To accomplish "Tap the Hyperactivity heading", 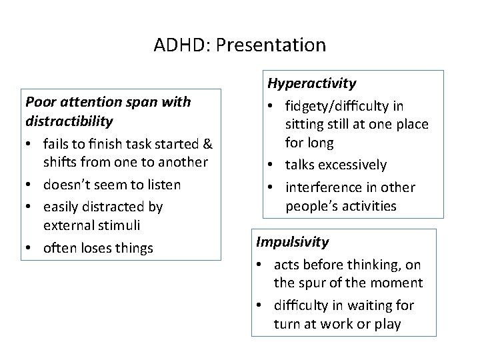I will (x=311, y=83).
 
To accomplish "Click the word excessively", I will (x=354, y=165).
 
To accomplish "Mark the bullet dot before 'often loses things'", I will (x=31, y=248).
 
